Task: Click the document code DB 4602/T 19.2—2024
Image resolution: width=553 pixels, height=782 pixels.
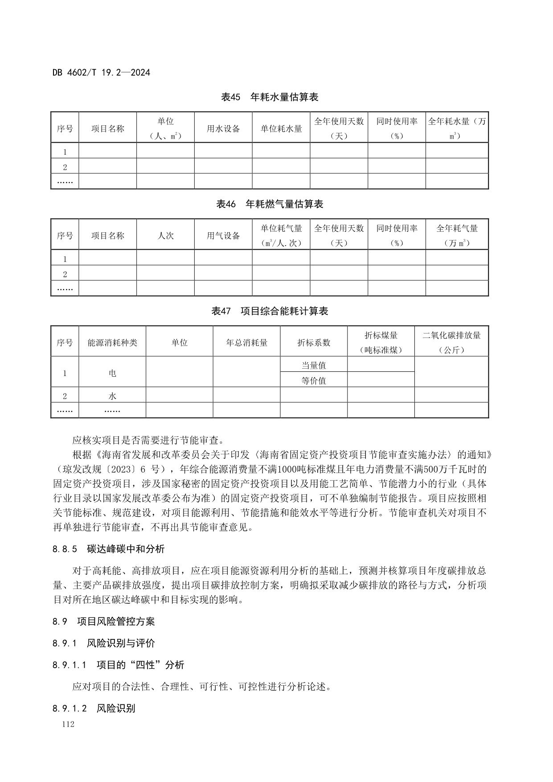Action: [x=101, y=72]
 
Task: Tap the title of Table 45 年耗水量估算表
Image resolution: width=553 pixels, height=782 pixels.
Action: [x=270, y=97]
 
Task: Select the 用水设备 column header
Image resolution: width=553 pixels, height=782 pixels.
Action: [x=223, y=129]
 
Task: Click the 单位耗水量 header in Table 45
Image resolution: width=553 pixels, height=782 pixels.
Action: [x=281, y=129]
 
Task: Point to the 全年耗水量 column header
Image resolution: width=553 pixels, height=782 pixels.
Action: [x=457, y=128]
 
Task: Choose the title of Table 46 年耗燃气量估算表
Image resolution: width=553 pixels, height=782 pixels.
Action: [x=270, y=204]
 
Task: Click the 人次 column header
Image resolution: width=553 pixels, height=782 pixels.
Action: [x=165, y=235]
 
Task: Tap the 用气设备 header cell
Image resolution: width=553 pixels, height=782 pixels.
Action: [x=223, y=236]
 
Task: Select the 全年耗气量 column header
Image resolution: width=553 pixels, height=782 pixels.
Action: [x=457, y=235]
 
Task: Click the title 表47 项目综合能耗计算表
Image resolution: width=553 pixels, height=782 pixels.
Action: [x=270, y=311]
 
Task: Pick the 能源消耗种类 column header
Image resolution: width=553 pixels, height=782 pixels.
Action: [x=112, y=342]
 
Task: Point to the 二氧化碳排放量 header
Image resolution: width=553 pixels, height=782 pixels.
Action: [x=451, y=342]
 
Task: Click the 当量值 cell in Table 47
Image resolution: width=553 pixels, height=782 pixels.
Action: [x=314, y=365]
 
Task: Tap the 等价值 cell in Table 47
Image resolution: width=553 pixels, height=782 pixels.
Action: [x=314, y=380]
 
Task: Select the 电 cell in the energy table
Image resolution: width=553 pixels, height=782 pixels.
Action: [x=112, y=373]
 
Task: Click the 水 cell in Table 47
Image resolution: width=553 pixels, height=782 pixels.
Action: [x=112, y=396]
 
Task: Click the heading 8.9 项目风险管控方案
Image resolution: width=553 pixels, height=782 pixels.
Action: [x=103, y=621]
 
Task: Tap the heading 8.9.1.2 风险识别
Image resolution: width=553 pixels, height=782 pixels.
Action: [x=94, y=708]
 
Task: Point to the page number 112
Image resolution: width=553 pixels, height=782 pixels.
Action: [x=68, y=724]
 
